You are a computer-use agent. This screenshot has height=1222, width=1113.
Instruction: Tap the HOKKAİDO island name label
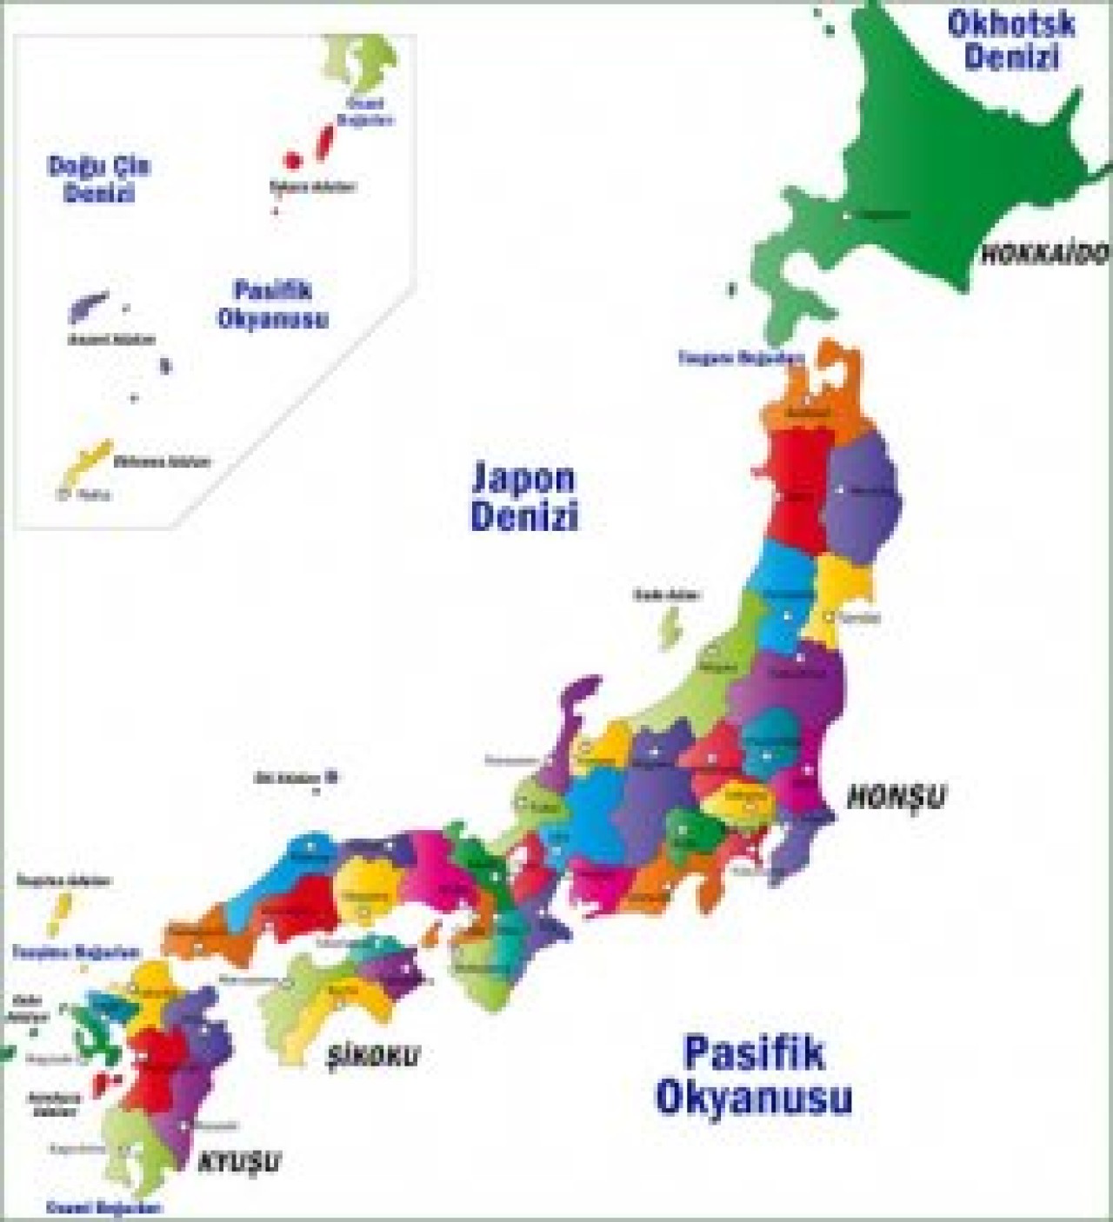coord(1045,254)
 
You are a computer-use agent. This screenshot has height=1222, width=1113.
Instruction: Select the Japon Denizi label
coord(524,496)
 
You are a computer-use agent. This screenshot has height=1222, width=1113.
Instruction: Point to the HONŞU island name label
coord(896,796)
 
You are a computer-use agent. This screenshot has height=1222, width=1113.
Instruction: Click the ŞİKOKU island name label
coord(372,1056)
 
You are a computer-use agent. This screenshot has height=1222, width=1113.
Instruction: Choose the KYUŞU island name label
coord(240,1161)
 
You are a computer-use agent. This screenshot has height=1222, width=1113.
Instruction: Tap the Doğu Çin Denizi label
coord(99,179)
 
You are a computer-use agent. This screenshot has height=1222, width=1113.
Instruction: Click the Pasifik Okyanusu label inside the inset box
coord(272,304)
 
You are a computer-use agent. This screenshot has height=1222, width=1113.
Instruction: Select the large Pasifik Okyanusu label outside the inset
coord(753,1075)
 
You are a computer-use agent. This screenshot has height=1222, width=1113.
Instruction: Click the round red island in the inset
coord(293,160)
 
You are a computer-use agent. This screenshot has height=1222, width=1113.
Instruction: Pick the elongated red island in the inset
coord(325,142)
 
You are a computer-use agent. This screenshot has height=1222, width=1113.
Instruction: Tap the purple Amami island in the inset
coord(88,307)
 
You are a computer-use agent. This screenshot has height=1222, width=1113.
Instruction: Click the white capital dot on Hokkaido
coord(845,215)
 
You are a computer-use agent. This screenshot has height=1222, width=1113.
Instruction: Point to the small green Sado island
coord(670,628)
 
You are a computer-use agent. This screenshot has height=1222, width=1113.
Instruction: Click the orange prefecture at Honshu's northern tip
coord(813,395)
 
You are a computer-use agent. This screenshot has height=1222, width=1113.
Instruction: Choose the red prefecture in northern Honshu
coord(796,487)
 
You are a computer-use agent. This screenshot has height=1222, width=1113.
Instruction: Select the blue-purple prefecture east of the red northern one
coord(861,500)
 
